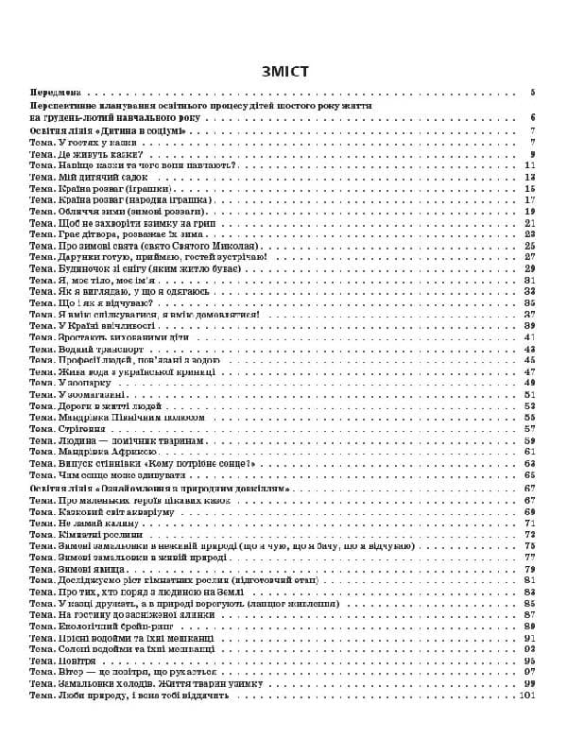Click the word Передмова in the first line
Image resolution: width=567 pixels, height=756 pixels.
pos(55,94)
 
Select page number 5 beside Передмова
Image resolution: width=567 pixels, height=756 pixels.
pos(533,94)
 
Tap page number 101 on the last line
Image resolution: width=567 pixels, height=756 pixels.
pos(528,696)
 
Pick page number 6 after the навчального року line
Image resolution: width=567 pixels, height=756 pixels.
pos(533,118)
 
